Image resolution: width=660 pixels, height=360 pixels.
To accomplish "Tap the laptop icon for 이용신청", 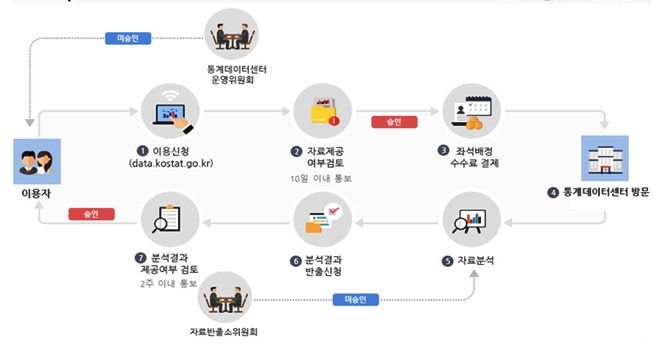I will click(172, 112).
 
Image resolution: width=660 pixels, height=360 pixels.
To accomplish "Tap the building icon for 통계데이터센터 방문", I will click(604, 160).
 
